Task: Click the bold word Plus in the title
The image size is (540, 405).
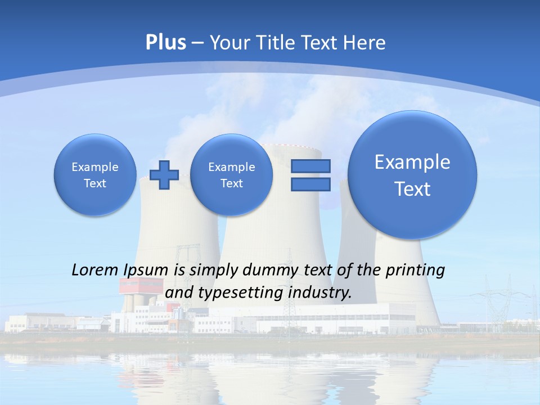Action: point(165,43)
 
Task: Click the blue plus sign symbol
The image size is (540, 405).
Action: point(164,175)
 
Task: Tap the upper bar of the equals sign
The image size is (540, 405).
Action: point(310,166)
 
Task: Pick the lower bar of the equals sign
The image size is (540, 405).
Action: point(310,184)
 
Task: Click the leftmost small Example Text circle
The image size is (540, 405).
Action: point(94,175)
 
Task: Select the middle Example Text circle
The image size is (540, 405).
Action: point(231,175)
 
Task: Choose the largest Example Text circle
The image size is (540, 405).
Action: point(412,175)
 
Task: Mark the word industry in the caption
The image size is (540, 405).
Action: point(319,293)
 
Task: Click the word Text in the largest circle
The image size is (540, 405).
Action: point(412,189)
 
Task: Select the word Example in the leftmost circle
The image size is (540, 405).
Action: point(95,167)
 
